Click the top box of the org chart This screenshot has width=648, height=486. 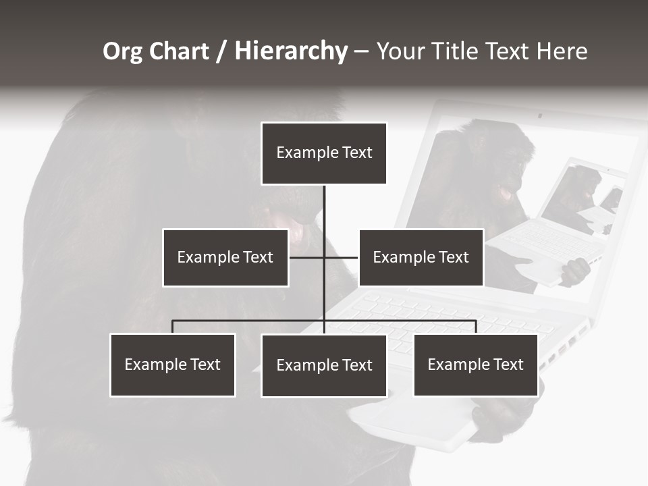tap(324, 153)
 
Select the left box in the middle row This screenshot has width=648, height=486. tap(225, 257)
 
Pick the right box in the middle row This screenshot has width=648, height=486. tap(421, 257)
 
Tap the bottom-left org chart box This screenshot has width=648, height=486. tap(173, 364)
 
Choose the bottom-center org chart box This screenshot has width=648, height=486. tap(324, 365)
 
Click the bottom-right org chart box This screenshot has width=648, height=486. tap(476, 364)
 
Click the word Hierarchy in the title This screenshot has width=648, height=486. tap(291, 51)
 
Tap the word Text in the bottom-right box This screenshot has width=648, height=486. tap(508, 364)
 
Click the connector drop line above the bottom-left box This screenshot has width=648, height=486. tap(173, 327)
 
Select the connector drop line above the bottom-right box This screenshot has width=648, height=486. tap(476, 327)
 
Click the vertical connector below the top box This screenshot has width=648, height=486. tap(324, 209)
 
